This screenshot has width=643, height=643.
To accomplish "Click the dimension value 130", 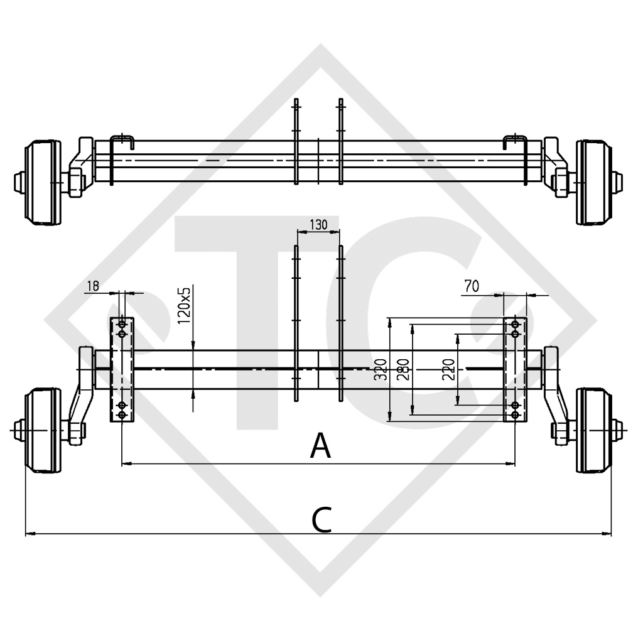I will pyautogui.click(x=318, y=224).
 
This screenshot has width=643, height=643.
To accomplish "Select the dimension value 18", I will pyautogui.click(x=93, y=286).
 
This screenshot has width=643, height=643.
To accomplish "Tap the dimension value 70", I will pyautogui.click(x=472, y=286).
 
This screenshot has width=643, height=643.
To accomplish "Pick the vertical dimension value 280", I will pyautogui.click(x=403, y=370).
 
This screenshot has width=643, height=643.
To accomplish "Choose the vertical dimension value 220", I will pyautogui.click(x=448, y=370).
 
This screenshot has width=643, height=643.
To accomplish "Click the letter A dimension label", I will pyautogui.click(x=321, y=446).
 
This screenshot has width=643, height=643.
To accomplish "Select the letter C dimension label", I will pyautogui.click(x=321, y=519).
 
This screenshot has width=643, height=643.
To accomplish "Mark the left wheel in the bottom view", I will pyautogui.click(x=43, y=430).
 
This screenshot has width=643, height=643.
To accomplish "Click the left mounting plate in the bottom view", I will pyautogui.click(x=122, y=370).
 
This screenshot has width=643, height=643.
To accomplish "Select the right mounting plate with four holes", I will pyautogui.click(x=516, y=370).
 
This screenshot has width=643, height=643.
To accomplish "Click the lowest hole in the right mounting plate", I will pyautogui.click(x=516, y=415).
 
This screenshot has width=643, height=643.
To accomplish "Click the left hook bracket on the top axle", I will pyautogui.click(x=122, y=141).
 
